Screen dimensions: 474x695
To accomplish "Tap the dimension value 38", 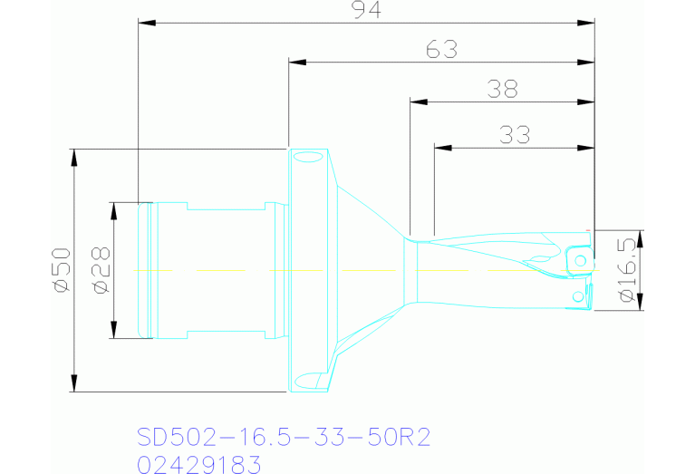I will (502, 89).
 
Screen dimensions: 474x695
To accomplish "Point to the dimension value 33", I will (515, 135).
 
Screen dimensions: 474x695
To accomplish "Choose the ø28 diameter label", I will (101, 270).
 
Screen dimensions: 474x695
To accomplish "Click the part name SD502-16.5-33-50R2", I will (283, 438).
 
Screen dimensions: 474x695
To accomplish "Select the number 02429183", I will (198, 465).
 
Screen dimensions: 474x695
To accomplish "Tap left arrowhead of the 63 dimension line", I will (296, 63).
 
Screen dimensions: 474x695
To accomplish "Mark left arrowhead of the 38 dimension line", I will (417, 102).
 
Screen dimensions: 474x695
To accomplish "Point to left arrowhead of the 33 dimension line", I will (441, 147).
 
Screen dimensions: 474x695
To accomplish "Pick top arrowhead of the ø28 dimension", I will (113, 209).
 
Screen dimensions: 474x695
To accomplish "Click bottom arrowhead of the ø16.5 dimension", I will (640, 302).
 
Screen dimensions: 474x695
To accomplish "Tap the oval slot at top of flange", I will (308, 159).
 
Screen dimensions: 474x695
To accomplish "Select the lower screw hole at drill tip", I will (578, 296).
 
